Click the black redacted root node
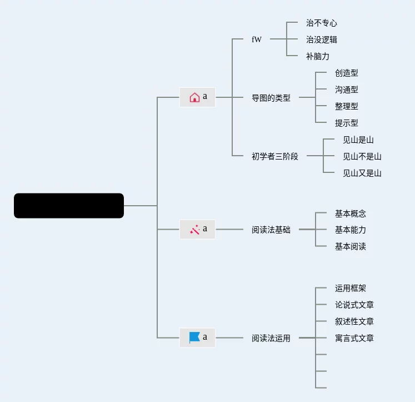(x=69, y=206)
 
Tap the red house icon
(x=194, y=97)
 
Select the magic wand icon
(x=194, y=229)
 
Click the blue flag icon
(x=194, y=337)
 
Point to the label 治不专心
(x=322, y=23)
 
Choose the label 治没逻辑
(x=322, y=40)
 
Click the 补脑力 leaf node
(x=318, y=57)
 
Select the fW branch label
(x=257, y=40)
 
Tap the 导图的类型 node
(x=271, y=98)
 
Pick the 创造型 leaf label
(x=347, y=73)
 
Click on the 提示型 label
(x=347, y=123)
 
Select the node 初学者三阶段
(x=275, y=156)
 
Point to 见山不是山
(x=362, y=156)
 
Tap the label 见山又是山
(x=362, y=173)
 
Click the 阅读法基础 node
(x=271, y=230)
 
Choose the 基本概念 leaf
(x=351, y=214)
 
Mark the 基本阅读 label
(x=351, y=246)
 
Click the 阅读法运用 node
(x=271, y=338)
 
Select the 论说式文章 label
(x=354, y=305)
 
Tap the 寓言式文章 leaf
(x=354, y=338)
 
